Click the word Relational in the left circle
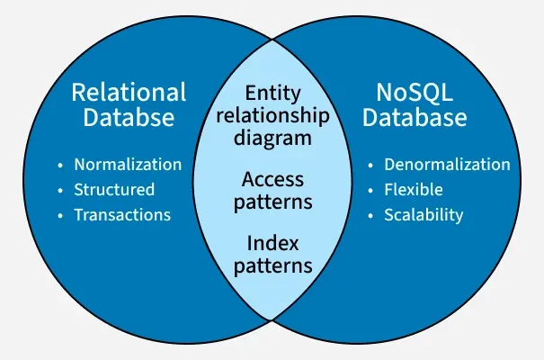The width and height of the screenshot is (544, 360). [x=129, y=92]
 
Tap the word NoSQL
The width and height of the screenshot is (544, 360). [x=415, y=92]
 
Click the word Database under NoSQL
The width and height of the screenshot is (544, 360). [x=415, y=118]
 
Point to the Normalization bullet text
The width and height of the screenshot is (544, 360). [x=127, y=165]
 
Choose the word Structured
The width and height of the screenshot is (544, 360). [x=114, y=190]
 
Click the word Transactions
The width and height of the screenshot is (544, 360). [x=122, y=215]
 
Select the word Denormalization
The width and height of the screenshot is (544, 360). [x=447, y=165]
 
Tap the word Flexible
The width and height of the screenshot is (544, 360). [x=415, y=190]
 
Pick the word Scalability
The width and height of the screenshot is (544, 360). [x=424, y=215]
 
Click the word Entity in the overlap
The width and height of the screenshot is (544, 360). [x=272, y=93]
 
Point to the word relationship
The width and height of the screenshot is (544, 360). [x=272, y=116]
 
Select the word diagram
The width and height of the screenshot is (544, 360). [x=272, y=139]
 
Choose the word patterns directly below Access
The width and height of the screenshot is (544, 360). [x=272, y=201]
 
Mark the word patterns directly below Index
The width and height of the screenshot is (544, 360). [x=272, y=265]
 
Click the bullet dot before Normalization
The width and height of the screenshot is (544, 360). [x=60, y=166]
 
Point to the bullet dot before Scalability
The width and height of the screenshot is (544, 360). [x=370, y=216]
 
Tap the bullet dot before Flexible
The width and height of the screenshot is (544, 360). [x=370, y=191]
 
